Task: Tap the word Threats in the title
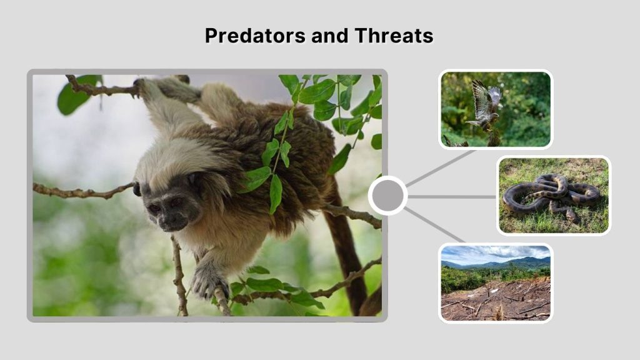click(x=394, y=36)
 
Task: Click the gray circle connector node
click(x=387, y=196)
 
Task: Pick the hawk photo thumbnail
click(x=495, y=109)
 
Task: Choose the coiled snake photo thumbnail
click(x=553, y=195)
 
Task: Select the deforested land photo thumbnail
click(x=495, y=282)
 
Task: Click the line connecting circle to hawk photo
click(x=441, y=167)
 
